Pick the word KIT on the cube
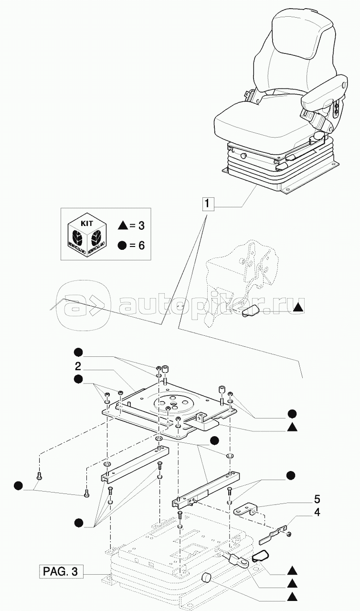coord(86,223)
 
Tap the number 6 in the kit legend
coord(141,246)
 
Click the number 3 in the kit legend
coord(141,224)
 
